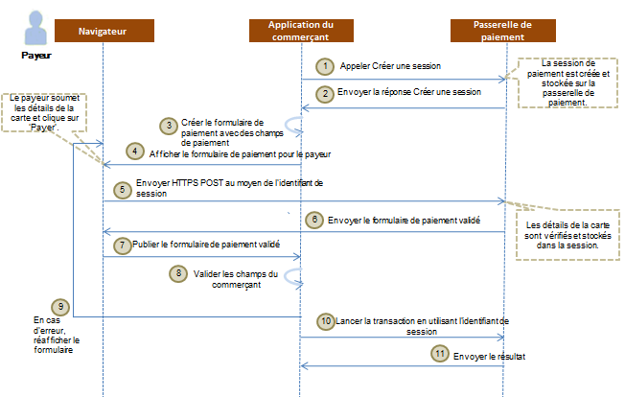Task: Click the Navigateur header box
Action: [x=103, y=32]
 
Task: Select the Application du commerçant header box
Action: [x=301, y=30]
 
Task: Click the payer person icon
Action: [x=35, y=29]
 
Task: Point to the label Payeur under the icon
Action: [x=35, y=55]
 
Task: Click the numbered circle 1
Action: [x=327, y=66]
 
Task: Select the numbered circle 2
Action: [x=327, y=93]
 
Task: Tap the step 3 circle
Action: [x=169, y=126]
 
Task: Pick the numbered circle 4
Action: [x=136, y=152]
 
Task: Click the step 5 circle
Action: [x=122, y=189]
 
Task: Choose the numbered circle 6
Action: [x=313, y=219]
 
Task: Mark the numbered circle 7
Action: [x=122, y=245]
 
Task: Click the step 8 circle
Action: [x=177, y=273]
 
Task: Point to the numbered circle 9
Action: [x=60, y=307]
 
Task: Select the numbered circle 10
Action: [x=327, y=319]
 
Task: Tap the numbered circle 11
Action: [x=440, y=354]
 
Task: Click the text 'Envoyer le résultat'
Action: [x=491, y=355]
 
